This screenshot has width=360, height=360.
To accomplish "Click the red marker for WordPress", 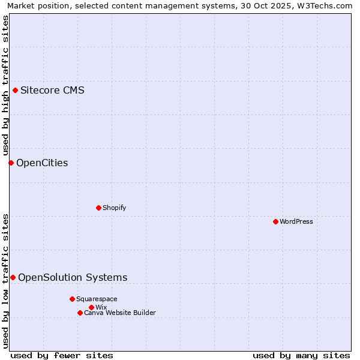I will [x=275, y=221].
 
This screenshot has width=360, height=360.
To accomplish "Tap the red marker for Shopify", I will [x=98, y=208].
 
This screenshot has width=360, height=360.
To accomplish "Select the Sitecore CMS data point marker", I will [x=15, y=91].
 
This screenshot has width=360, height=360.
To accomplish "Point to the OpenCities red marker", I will [x=11, y=163].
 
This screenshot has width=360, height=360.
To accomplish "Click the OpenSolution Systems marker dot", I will [x=13, y=277].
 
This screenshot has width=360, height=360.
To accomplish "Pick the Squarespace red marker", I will [x=72, y=299].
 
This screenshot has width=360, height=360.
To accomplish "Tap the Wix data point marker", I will [x=91, y=307].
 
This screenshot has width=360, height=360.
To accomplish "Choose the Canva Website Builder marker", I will [x=80, y=313].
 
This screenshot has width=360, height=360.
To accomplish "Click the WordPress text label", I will [x=296, y=221].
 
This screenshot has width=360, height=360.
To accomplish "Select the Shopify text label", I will [x=114, y=208].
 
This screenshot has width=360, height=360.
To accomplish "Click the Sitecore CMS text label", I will [x=52, y=91].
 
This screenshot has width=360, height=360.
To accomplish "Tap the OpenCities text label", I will [x=42, y=163].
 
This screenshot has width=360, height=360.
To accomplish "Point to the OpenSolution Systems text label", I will [x=73, y=277].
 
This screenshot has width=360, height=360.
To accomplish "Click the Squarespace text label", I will [x=97, y=299].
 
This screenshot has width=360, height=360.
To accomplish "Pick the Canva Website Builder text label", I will [x=120, y=313].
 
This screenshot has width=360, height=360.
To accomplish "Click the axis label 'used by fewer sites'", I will [x=62, y=356].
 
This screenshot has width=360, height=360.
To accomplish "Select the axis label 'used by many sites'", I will [x=301, y=356].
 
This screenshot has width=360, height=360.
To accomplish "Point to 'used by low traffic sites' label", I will [x=5, y=281].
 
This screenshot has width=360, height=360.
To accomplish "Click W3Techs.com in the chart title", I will [x=328, y=5].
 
